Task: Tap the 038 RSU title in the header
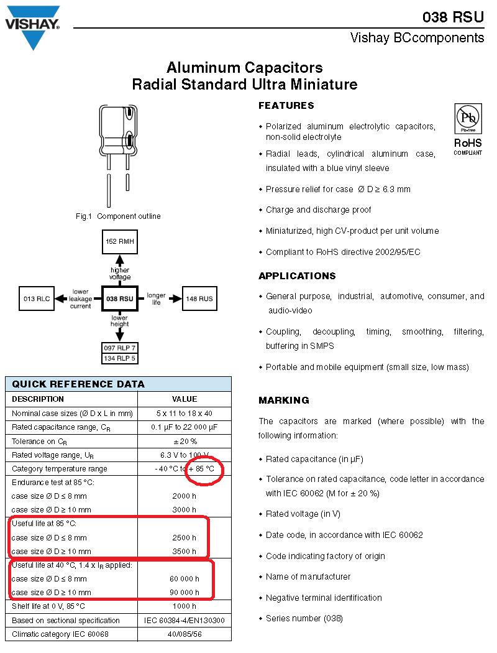pos(452,17)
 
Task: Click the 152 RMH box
pos(120,241)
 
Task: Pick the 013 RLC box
pos(37,299)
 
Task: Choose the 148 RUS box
pos(199,299)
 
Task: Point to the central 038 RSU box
pos(120,299)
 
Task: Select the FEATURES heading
pos(286,106)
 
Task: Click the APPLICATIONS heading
pos(297,276)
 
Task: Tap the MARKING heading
pos(284,401)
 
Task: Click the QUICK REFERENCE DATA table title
pos(78,384)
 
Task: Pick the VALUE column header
pos(185,399)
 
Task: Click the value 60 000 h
pos(185,579)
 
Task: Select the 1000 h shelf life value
pos(185,606)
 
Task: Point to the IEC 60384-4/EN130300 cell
pos(185,621)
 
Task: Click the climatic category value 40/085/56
pos(185,634)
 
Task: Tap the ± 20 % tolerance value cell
pos(185,442)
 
